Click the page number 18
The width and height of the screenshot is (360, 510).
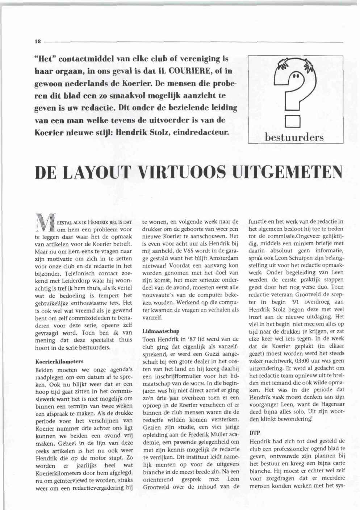pos(37,42)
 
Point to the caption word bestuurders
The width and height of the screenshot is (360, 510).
pos(294,137)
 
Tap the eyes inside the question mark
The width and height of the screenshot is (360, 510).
pos(296,76)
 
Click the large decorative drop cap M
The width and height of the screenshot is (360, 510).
pos(46,225)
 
